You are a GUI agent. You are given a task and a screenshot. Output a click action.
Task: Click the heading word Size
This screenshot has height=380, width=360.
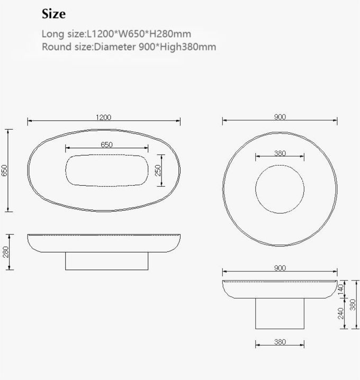click(53, 14)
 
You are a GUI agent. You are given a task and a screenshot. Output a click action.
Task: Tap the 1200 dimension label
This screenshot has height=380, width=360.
click(103, 117)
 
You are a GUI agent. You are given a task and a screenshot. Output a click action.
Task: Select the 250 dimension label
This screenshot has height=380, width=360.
click(158, 171)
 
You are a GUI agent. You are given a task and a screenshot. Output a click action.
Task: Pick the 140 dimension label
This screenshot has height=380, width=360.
click(340, 289)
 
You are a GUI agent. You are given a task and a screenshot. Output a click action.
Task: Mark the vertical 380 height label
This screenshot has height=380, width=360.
click(353, 304)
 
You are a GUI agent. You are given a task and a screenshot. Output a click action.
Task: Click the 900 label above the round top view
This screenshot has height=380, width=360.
click(280, 117)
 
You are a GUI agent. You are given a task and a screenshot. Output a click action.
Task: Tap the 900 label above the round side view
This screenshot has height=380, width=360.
click(280, 268)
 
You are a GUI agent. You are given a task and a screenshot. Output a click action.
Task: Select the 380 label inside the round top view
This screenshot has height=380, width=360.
click(280, 153)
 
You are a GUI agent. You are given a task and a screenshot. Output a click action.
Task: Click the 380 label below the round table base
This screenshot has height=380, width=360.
click(280, 342)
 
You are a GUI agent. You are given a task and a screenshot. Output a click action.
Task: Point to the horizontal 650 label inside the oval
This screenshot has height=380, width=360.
click(106, 144)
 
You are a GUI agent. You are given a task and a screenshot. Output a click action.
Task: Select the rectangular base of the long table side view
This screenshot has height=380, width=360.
click(105, 260)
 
